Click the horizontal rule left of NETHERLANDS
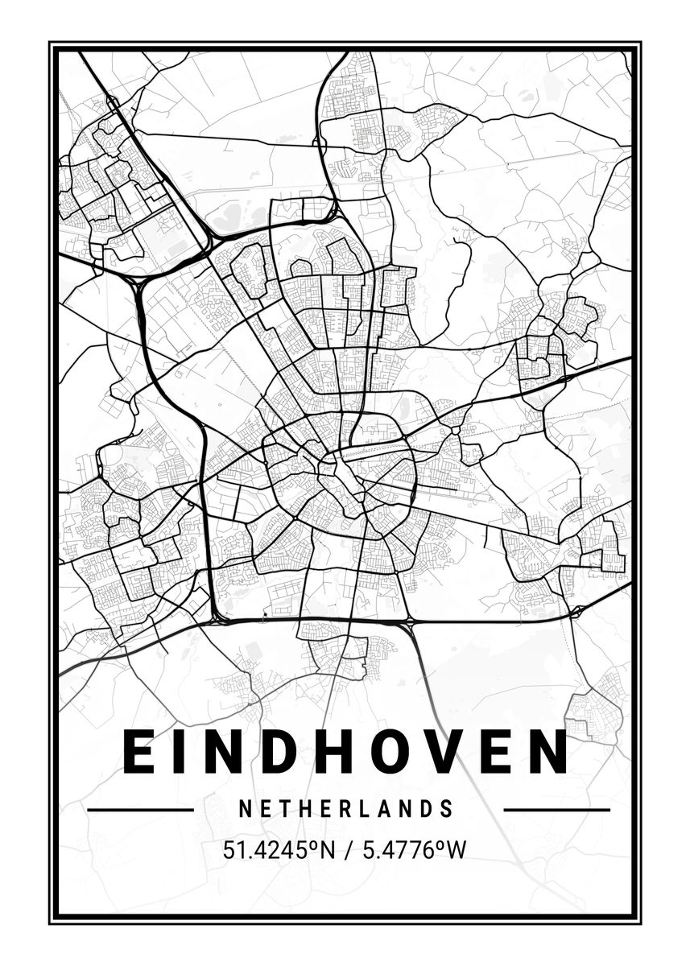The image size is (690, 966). click(140, 809)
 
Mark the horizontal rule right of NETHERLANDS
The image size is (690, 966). click(556, 809)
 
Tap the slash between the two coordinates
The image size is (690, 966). click(345, 850)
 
